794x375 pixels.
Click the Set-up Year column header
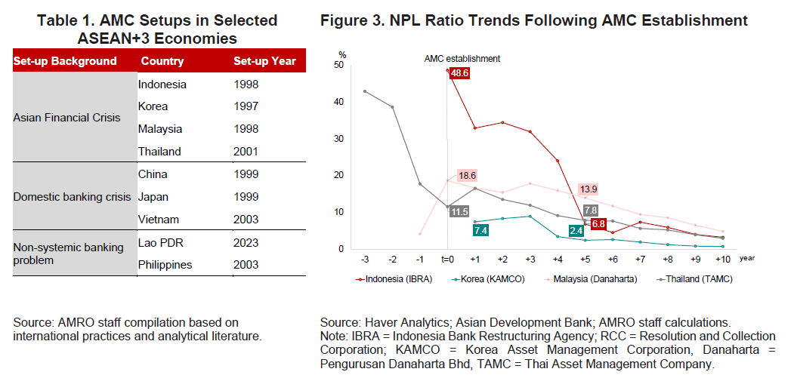(x=264, y=61)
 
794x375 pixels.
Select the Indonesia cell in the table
(x=162, y=85)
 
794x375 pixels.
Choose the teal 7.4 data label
(x=480, y=229)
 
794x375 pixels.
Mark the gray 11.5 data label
(x=459, y=211)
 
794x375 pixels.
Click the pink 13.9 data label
(x=589, y=189)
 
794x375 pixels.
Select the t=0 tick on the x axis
(x=446, y=258)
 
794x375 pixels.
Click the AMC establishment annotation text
(x=461, y=58)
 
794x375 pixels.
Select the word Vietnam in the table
(x=159, y=220)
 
